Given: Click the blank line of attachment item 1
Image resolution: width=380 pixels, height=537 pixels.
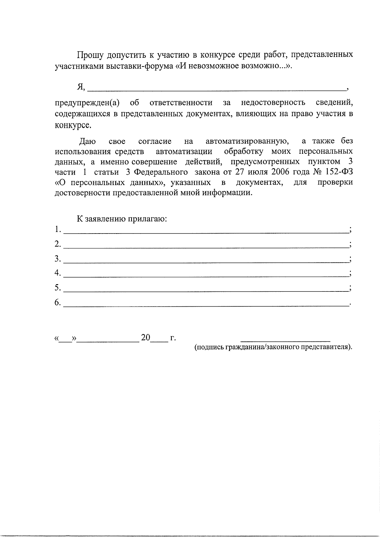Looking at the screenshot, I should pos(206,232).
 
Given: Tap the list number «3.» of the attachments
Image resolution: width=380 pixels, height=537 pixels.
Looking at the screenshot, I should pos(57,259).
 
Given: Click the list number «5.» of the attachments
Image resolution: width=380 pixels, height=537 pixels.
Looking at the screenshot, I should pos(57,287).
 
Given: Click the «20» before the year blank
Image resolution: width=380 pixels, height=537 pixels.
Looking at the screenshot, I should pos(146,338).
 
